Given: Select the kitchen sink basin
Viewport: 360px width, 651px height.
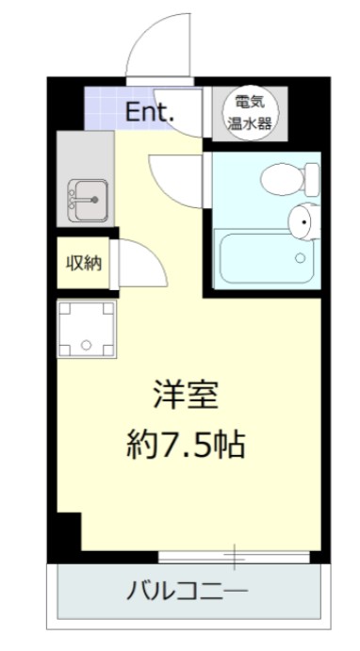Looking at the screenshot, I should (x=85, y=199).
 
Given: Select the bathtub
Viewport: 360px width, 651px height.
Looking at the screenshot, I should (x=263, y=257).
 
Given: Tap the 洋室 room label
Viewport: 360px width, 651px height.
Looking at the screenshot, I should (x=186, y=397).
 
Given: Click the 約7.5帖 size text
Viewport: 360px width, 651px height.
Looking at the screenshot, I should (x=186, y=443).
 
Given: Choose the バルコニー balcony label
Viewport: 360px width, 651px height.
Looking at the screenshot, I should (x=187, y=592).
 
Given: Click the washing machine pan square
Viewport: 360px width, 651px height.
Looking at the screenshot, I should (x=86, y=329).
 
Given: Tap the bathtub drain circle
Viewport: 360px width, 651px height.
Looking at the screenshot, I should (x=301, y=256).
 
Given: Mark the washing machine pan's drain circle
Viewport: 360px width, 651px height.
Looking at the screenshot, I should (x=86, y=346).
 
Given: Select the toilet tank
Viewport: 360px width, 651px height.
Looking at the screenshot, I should (x=310, y=175).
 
